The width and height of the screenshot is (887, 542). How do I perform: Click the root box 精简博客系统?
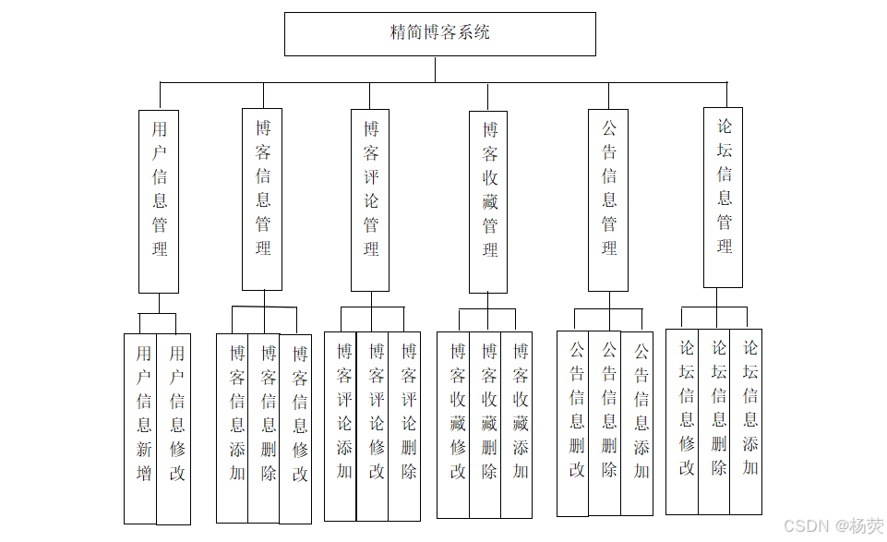439,33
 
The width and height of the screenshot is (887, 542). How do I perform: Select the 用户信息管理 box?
159,201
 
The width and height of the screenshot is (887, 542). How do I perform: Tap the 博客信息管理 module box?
262,199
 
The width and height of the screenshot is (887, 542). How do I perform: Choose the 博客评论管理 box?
370,200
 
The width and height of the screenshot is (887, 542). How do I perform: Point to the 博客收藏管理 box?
488,202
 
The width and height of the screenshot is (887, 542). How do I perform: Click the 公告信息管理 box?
608,200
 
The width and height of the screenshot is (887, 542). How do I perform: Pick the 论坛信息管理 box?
723,198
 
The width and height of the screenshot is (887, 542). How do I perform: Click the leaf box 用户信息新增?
142,428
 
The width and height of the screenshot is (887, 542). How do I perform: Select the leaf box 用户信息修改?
175,428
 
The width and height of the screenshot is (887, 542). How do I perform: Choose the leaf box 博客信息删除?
265,428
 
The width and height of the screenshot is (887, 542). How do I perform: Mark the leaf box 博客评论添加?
342,426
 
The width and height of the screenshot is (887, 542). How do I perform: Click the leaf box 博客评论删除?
405,426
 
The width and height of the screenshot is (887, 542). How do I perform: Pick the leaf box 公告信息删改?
574,423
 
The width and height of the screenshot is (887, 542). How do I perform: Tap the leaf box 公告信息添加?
639,423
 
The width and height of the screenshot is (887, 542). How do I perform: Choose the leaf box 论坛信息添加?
748,421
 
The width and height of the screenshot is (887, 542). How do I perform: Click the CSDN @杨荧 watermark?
833,526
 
